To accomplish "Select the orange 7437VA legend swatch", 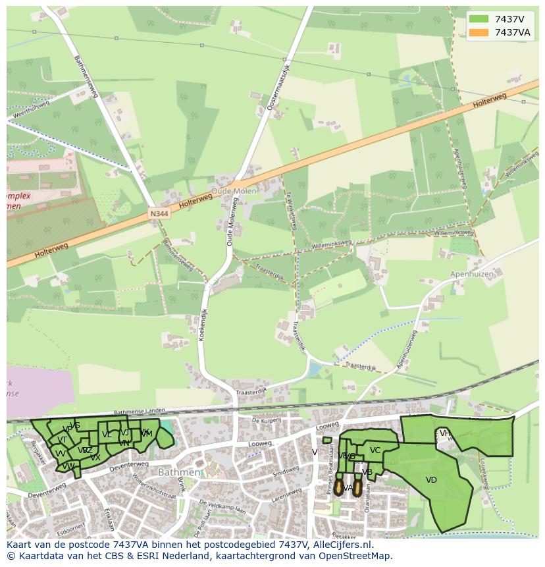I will (479, 32).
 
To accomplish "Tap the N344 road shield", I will (158, 214).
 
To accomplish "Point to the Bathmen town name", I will (178, 472).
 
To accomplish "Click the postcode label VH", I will (446, 433).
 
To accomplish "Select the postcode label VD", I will (431, 480).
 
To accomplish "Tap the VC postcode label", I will (375, 450).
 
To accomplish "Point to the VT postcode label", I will (62, 440).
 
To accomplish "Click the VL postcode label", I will (107, 434).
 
